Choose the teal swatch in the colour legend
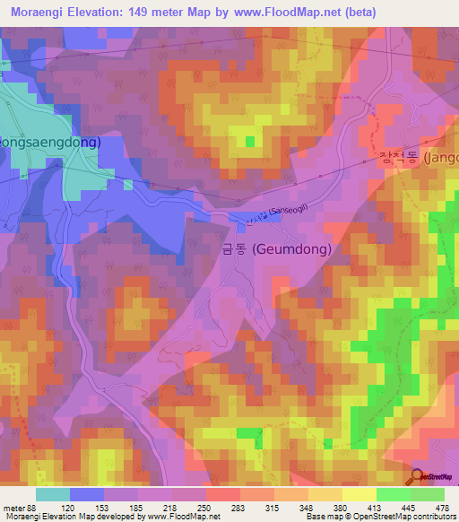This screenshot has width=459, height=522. click(x=53, y=494)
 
